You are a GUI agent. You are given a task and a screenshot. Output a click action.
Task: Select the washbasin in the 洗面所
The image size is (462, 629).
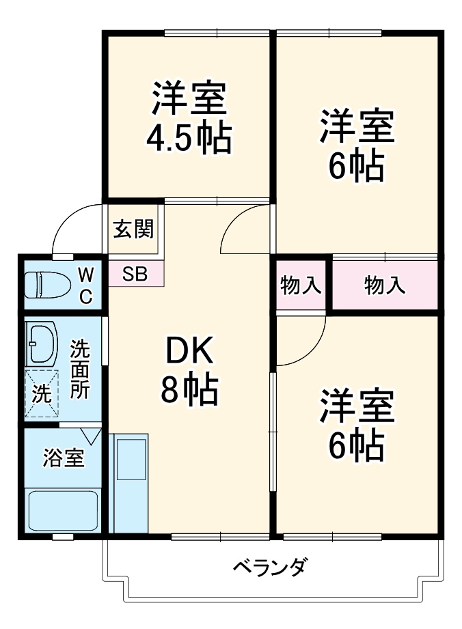[x=42, y=343]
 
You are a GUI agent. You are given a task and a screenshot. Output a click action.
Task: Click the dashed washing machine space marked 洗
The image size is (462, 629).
[x=42, y=393]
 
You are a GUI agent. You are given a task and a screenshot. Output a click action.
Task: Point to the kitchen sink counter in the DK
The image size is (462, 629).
[x=131, y=481]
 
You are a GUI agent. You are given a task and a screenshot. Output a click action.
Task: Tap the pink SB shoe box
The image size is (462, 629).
[x=135, y=273]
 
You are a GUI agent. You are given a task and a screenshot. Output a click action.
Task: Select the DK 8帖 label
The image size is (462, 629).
[x=190, y=372]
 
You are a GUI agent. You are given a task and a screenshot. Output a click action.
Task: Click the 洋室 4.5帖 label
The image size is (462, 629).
[x=189, y=117]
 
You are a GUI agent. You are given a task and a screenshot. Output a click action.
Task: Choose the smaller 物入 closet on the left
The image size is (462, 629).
[x=301, y=285]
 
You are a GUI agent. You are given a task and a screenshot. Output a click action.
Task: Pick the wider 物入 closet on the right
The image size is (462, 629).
[x=384, y=285]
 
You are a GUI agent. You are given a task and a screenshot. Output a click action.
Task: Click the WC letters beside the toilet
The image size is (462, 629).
[x=86, y=285]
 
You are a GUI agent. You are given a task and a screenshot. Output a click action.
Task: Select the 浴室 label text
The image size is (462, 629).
[x=64, y=458]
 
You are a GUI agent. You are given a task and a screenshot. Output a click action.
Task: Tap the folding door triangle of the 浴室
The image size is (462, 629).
[x=90, y=434]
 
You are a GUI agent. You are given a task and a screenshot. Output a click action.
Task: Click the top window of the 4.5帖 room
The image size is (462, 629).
[x=217, y=33]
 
